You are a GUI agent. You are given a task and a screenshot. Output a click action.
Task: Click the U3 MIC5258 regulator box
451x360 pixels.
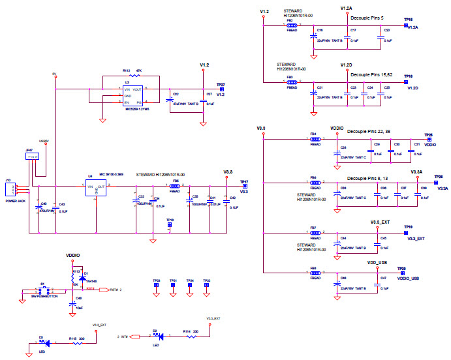click(x=133, y=95)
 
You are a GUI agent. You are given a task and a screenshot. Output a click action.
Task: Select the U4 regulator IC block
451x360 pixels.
click(x=95, y=189)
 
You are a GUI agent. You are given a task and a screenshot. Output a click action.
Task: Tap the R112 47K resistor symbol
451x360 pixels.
click(x=133, y=76)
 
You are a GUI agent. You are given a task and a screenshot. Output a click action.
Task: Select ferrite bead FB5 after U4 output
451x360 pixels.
click(x=175, y=187)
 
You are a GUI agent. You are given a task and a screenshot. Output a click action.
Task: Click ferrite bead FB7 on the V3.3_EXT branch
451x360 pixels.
click(x=313, y=233)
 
